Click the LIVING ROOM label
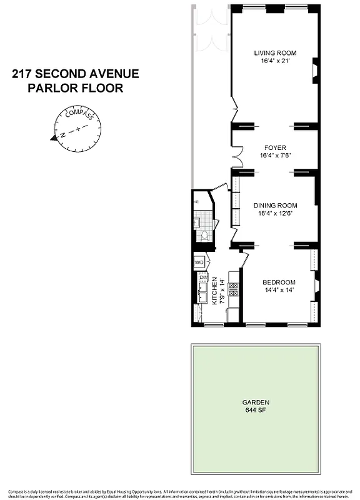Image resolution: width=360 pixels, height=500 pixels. (275, 53)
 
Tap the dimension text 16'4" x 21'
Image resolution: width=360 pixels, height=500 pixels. (275, 61)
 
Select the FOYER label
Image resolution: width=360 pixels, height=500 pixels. (275, 148)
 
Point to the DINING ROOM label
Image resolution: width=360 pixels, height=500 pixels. (275, 205)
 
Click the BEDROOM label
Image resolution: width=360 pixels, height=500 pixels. (278, 282)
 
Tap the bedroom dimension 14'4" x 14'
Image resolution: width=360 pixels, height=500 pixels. (278, 291)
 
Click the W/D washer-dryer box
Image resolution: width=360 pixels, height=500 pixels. (199, 262)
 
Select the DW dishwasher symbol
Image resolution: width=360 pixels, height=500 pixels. (202, 277)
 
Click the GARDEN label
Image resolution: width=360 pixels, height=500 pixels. (257, 402)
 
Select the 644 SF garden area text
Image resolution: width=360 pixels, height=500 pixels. (257, 410)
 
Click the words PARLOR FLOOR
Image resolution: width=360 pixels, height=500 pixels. (75, 88)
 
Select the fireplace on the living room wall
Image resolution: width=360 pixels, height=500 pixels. (315, 70)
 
